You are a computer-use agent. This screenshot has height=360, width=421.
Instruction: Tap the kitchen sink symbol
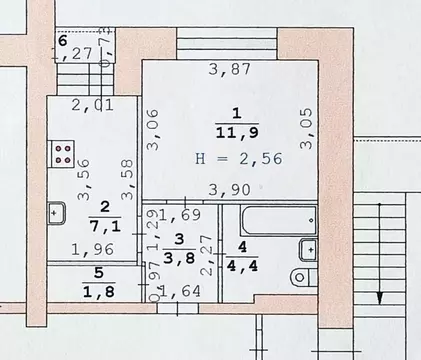(56, 212)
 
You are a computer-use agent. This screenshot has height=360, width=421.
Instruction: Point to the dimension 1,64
(180, 292)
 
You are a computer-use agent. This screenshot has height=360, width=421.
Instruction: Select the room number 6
(62, 41)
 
